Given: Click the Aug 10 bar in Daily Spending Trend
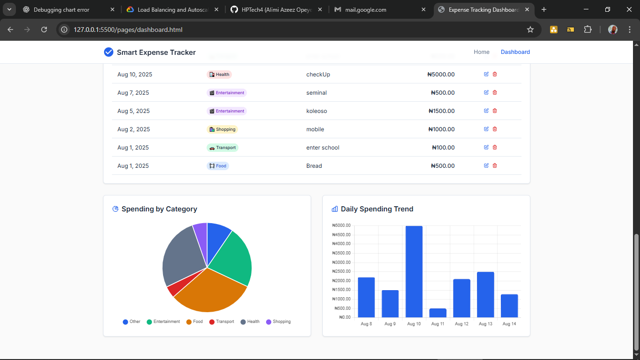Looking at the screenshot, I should pos(414,271).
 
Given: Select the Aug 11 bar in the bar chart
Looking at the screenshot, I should pos(438,313).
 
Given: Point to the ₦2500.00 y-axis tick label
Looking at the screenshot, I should pos(341,271).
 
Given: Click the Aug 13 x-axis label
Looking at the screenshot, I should pos(485,324).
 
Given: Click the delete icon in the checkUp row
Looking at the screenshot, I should pos(495,74).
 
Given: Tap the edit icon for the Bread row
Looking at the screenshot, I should pos(486,165).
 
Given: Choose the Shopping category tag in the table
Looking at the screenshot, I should pos(222,129).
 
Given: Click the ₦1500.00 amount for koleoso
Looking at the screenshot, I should pos(441,111).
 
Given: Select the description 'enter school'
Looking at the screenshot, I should pos(322,148).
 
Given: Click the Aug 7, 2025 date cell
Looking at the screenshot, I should pos(133,93).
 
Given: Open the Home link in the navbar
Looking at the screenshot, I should pos(481,52).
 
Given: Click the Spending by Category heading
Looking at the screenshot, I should pos(159,209).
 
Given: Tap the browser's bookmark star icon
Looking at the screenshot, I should pos(530,30).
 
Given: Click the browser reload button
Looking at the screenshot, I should pos(44,30).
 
